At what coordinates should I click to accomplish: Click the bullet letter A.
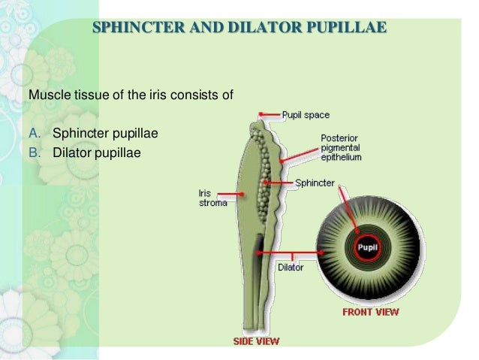pyautogui.click(x=34, y=134)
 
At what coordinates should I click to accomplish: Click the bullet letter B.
pyautogui.click(x=34, y=153)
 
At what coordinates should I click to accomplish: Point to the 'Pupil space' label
pyautogui.click(x=306, y=115)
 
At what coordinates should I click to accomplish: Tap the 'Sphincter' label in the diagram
pyautogui.click(x=315, y=183)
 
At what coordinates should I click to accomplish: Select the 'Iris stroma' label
pyautogui.click(x=211, y=198)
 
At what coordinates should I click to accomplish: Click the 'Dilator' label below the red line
pyautogui.click(x=290, y=267)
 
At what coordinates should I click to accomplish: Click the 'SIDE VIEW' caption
pyautogui.click(x=255, y=341)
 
